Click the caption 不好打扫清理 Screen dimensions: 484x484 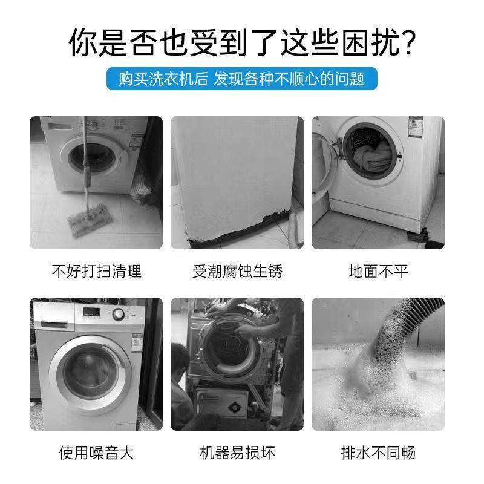click(96, 271)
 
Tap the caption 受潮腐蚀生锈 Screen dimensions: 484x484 click(237, 271)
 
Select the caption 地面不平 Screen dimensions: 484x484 click(378, 271)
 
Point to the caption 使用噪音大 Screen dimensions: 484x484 click(96, 452)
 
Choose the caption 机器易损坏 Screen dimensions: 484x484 click(237, 452)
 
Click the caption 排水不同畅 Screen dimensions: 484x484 click(378, 452)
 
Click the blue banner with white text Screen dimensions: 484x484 click(241, 79)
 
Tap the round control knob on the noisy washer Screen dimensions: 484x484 click(119, 315)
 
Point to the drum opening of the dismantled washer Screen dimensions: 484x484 click(227, 357)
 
